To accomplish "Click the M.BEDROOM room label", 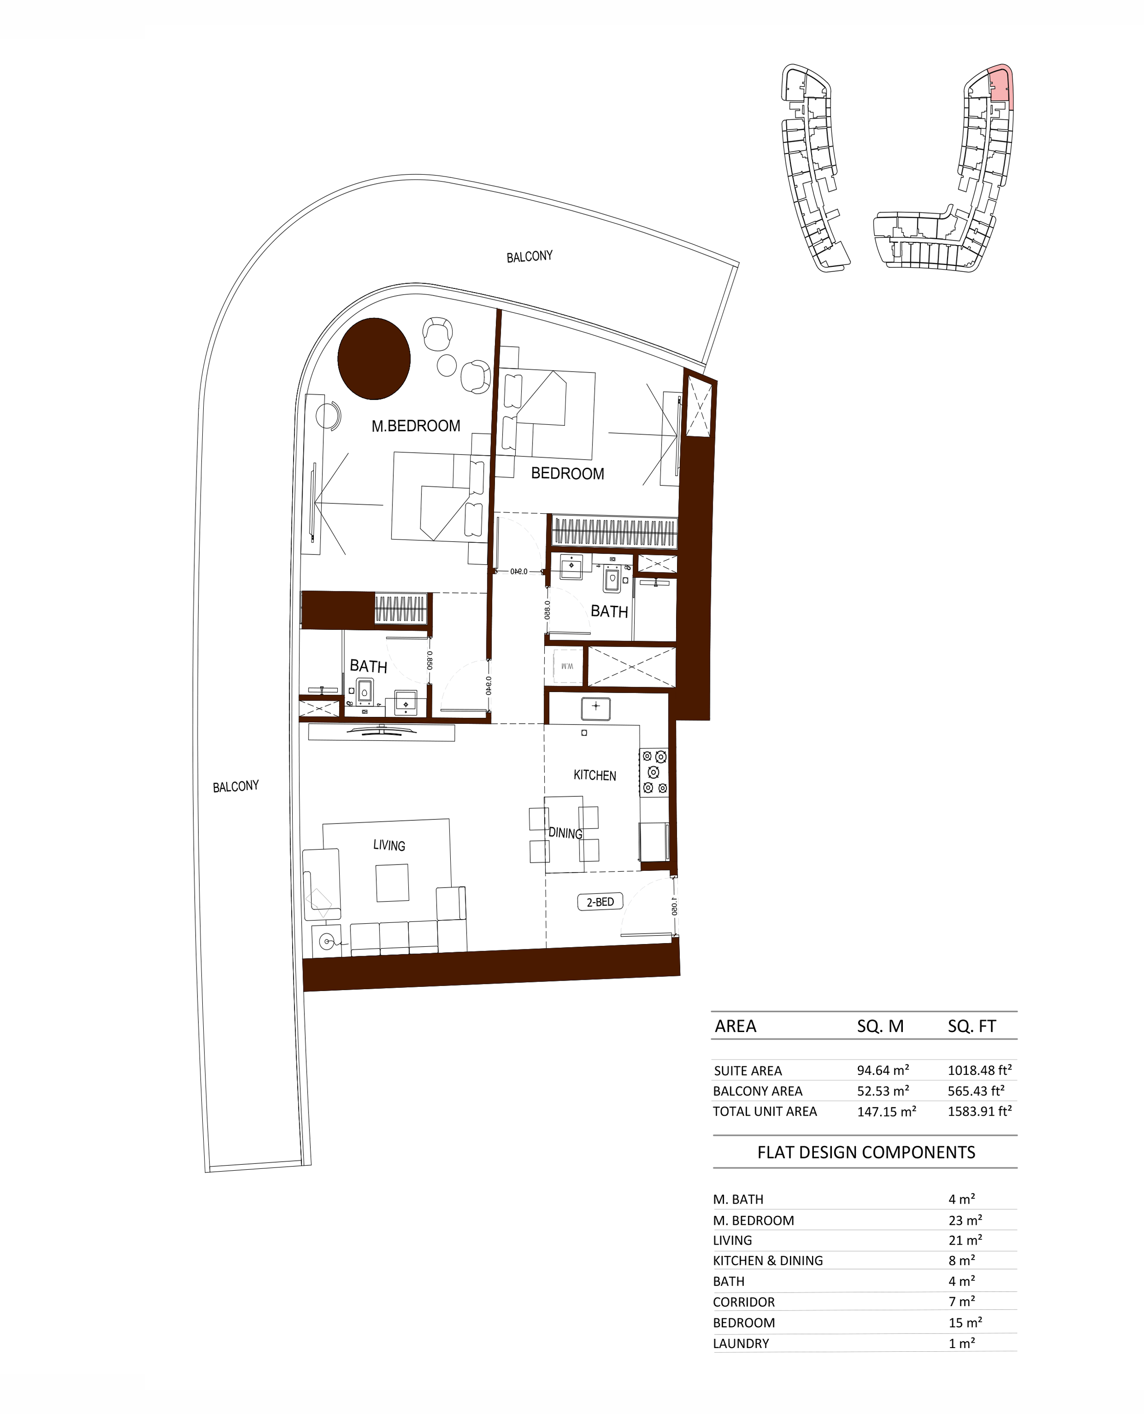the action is pyautogui.click(x=416, y=426).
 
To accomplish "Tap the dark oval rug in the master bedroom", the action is pyautogui.click(x=374, y=359).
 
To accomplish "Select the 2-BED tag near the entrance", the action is pyautogui.click(x=600, y=902).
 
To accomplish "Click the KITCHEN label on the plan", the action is pyautogui.click(x=594, y=775).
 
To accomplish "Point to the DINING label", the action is pyautogui.click(x=565, y=833).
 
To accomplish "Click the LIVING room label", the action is pyautogui.click(x=389, y=845).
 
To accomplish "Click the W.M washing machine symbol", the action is pyautogui.click(x=567, y=666).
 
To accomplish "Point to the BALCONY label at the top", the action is pyautogui.click(x=529, y=256).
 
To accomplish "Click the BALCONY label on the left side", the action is pyautogui.click(x=235, y=786).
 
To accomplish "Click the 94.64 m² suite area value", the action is pyautogui.click(x=883, y=1070).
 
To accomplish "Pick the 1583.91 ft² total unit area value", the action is pyautogui.click(x=979, y=1111).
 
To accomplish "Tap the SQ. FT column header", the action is pyautogui.click(x=971, y=1026).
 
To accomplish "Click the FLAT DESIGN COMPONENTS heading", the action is pyautogui.click(x=866, y=1152).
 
